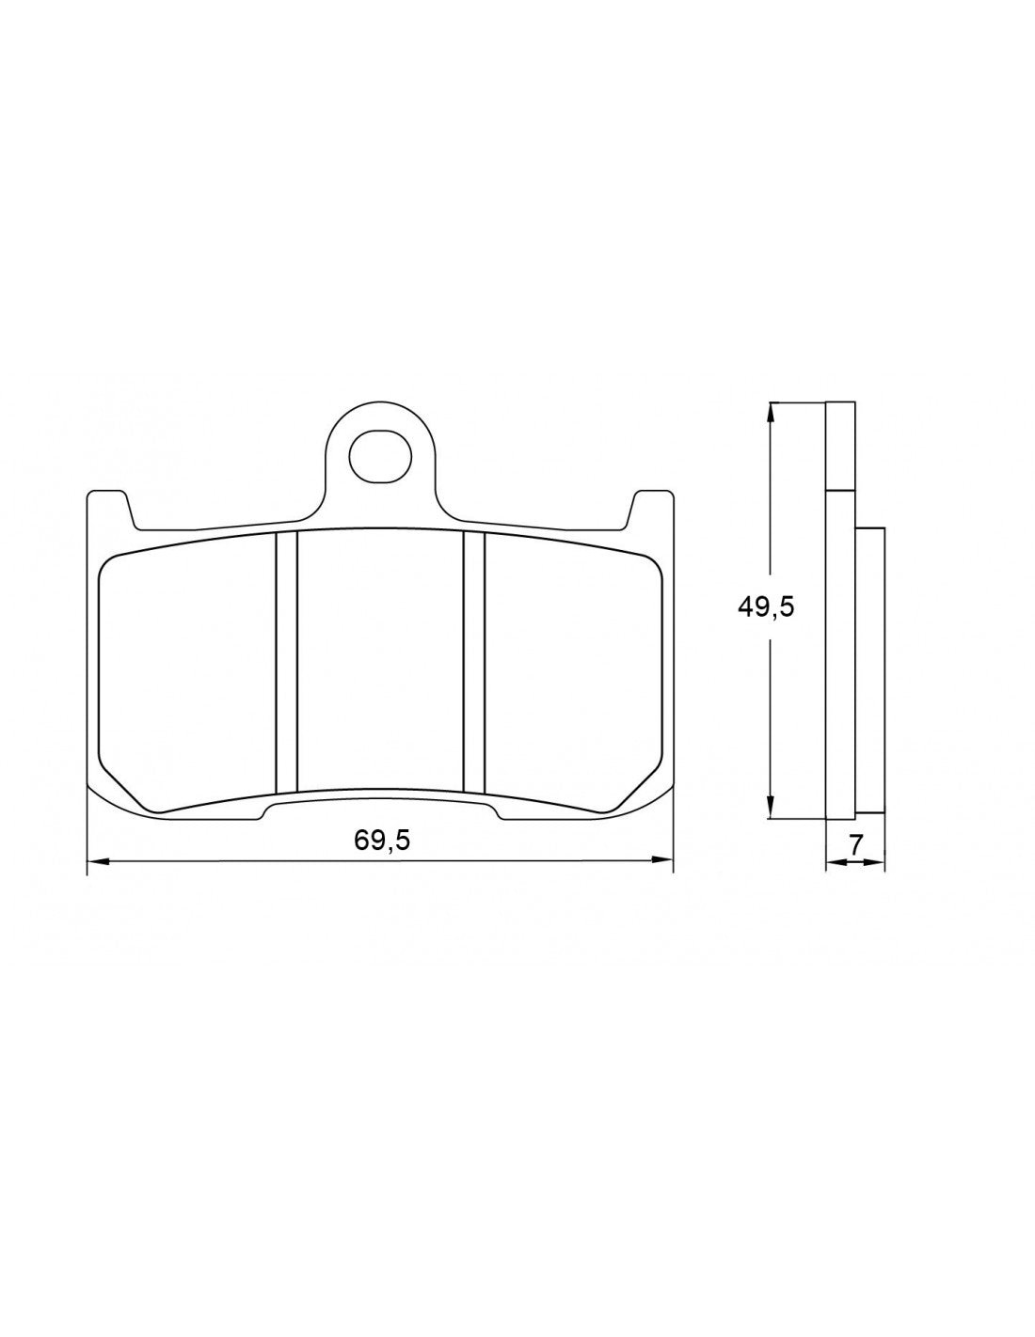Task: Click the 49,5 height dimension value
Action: (766, 606)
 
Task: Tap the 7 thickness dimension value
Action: (855, 844)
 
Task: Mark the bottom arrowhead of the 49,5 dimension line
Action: (772, 810)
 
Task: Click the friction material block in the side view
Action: (870, 669)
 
